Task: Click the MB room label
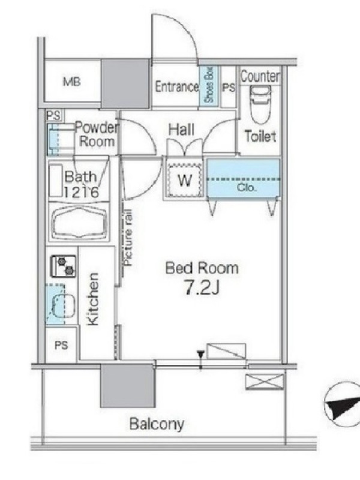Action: [72, 82]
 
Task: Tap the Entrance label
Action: [177, 86]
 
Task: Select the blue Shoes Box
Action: [209, 85]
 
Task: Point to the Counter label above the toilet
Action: [260, 76]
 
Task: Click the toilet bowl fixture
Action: [260, 104]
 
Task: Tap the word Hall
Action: [181, 130]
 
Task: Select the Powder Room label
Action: [97, 134]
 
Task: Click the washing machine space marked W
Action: [185, 181]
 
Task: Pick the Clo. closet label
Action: [247, 188]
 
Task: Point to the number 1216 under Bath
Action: [81, 192]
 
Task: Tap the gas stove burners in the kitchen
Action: [64, 266]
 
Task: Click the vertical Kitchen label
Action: [93, 299]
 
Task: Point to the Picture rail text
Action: [128, 238]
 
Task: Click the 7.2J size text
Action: [202, 287]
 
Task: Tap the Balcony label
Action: [157, 424]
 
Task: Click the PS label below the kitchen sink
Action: [61, 346]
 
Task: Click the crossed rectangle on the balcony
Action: [265, 382]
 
